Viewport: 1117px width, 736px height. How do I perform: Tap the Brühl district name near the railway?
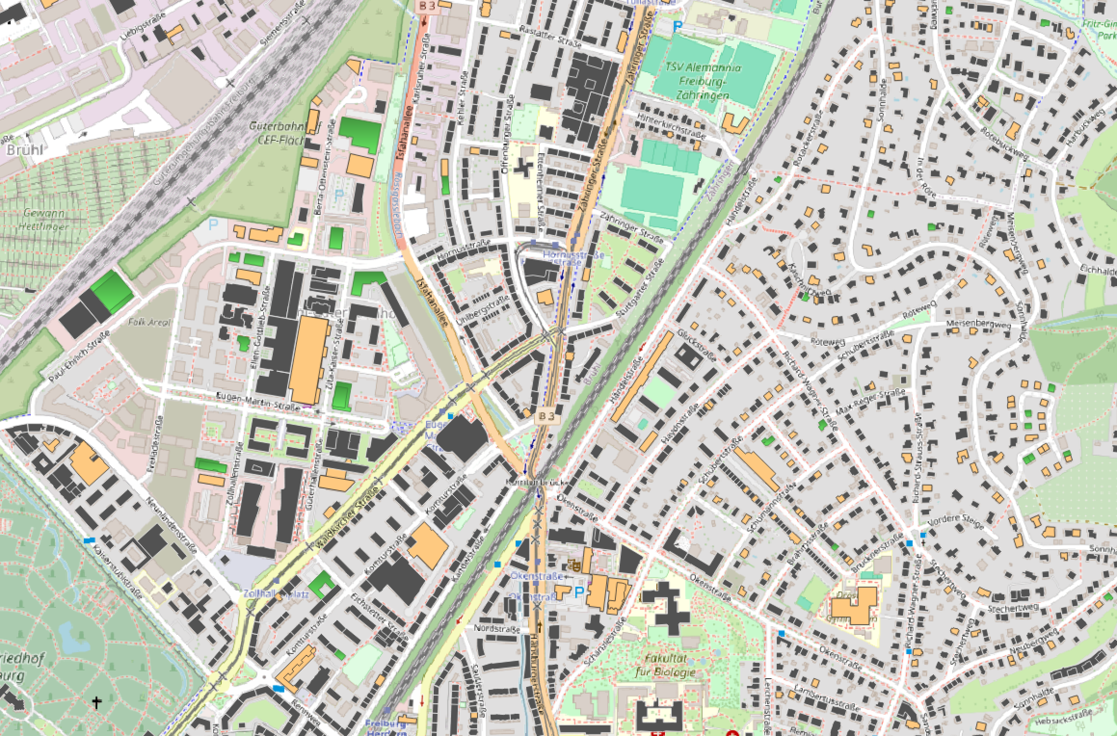[x=24, y=150]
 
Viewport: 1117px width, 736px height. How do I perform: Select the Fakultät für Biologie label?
[x=670, y=666]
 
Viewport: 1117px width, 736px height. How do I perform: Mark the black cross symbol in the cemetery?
[x=97, y=703]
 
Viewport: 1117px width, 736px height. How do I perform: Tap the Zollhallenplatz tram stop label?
[x=276, y=594]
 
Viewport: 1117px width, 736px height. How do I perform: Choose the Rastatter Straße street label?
[x=550, y=37]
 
